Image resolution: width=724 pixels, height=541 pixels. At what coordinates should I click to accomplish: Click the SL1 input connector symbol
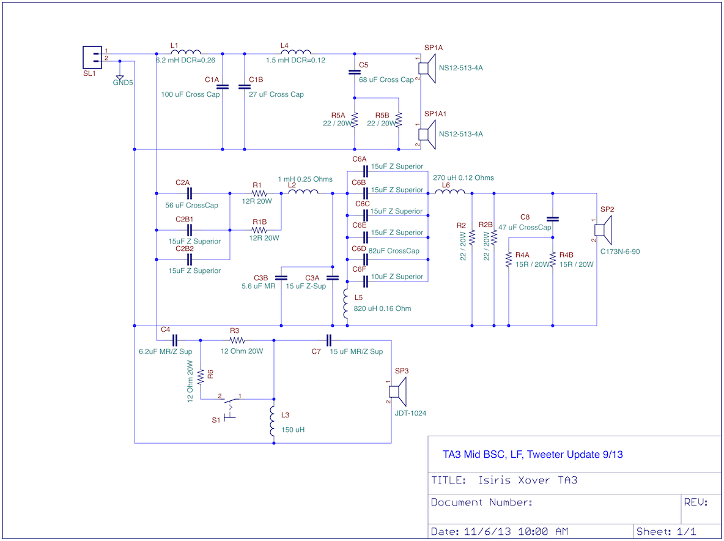(x=92, y=58)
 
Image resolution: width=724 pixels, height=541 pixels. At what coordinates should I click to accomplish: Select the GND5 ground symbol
(x=120, y=76)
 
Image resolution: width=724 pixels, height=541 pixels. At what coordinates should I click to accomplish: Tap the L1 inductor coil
(x=186, y=52)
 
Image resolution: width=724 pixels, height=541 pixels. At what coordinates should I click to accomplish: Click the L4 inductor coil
(x=296, y=52)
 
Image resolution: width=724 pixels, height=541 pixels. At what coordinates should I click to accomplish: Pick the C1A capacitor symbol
(x=223, y=86)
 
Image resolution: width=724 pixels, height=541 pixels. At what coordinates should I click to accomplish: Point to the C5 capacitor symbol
(x=354, y=72)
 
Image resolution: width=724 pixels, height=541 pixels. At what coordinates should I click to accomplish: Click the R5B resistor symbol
(x=399, y=120)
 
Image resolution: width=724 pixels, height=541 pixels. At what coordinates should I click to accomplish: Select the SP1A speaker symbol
(x=427, y=69)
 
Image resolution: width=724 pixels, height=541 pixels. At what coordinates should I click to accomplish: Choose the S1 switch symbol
(x=230, y=406)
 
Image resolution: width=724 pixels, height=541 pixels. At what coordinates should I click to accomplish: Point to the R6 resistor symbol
(x=201, y=376)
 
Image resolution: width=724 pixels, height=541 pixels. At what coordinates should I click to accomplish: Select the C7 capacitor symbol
(x=329, y=340)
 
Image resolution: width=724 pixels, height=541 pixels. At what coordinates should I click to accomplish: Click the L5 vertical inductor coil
(x=346, y=304)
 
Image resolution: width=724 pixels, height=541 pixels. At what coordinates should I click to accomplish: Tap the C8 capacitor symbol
(x=553, y=219)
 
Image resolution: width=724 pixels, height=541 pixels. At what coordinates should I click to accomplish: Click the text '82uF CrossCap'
(x=394, y=251)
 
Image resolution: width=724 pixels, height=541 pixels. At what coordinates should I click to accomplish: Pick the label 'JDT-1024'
(x=410, y=414)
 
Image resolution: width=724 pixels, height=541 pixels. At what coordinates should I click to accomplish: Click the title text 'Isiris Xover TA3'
(x=528, y=480)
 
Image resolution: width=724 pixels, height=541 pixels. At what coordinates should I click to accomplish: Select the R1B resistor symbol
(x=259, y=229)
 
